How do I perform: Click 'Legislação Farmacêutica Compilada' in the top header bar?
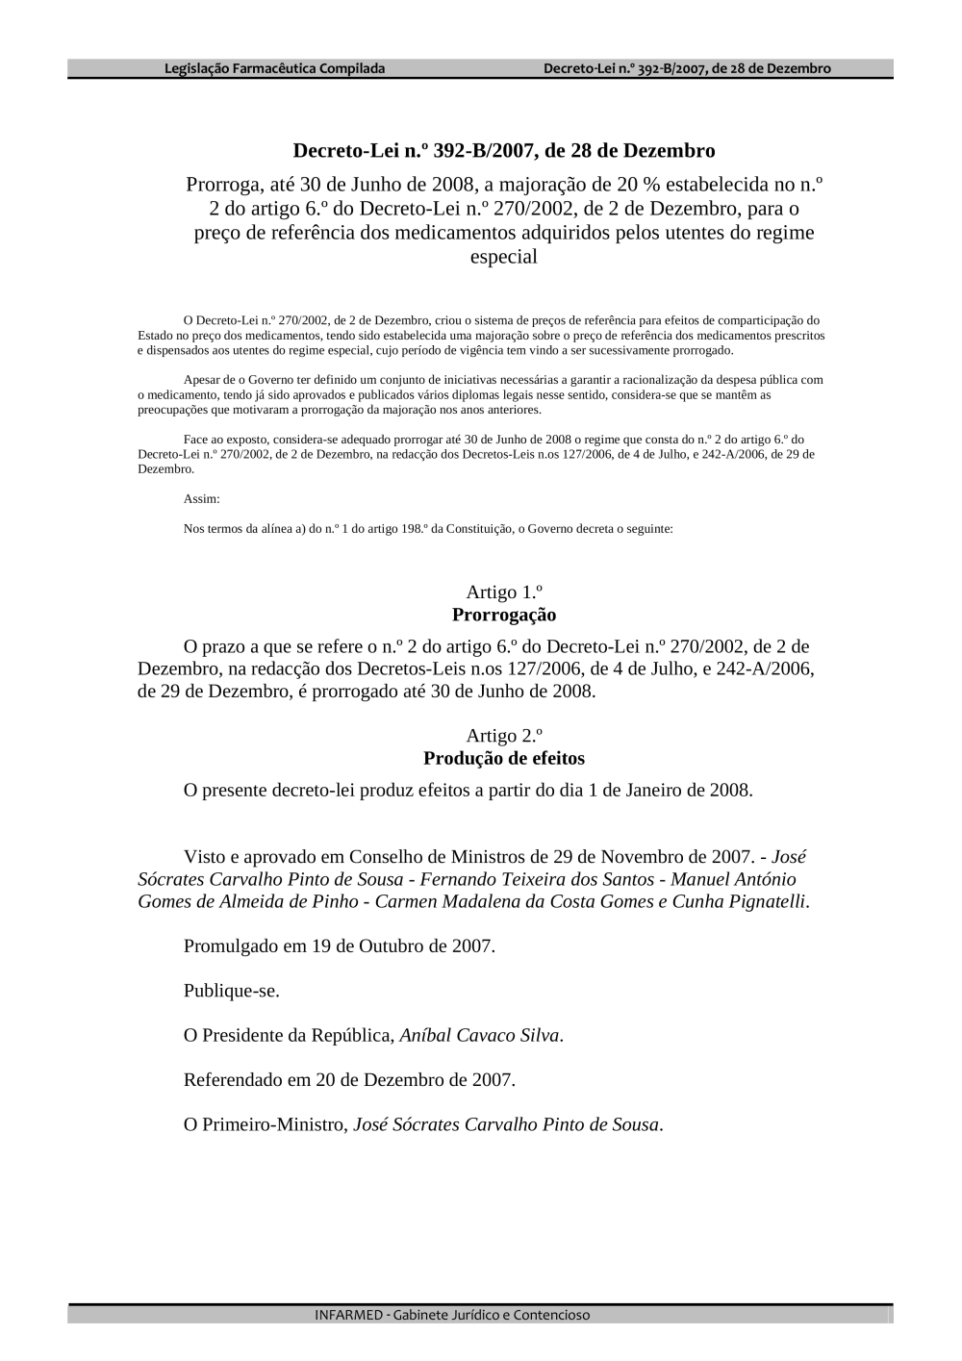tap(275, 68)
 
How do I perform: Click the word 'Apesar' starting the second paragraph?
tap(199, 380)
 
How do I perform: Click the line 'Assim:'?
tap(201, 499)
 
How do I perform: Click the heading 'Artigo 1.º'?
tap(504, 592)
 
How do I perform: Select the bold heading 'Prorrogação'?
tap(504, 615)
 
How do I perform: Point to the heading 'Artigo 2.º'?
tap(504, 736)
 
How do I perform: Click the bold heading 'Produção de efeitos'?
tap(504, 759)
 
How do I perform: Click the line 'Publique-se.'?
tap(232, 992)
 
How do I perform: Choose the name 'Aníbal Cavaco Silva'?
tap(479, 1036)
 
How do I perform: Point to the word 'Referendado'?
tap(233, 1080)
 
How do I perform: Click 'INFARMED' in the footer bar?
tap(348, 1315)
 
